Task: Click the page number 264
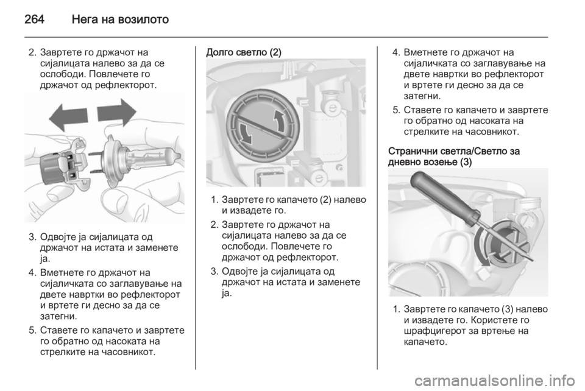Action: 34,19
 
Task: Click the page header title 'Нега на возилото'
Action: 121,19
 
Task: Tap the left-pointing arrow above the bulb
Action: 68,116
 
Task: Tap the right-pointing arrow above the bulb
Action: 117,112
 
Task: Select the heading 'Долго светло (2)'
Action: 244,52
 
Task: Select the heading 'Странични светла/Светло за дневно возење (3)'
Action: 454,157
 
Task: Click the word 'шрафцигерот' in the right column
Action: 434,331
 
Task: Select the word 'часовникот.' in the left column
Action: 129,352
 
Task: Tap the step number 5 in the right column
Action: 396,110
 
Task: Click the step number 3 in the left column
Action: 32,237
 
